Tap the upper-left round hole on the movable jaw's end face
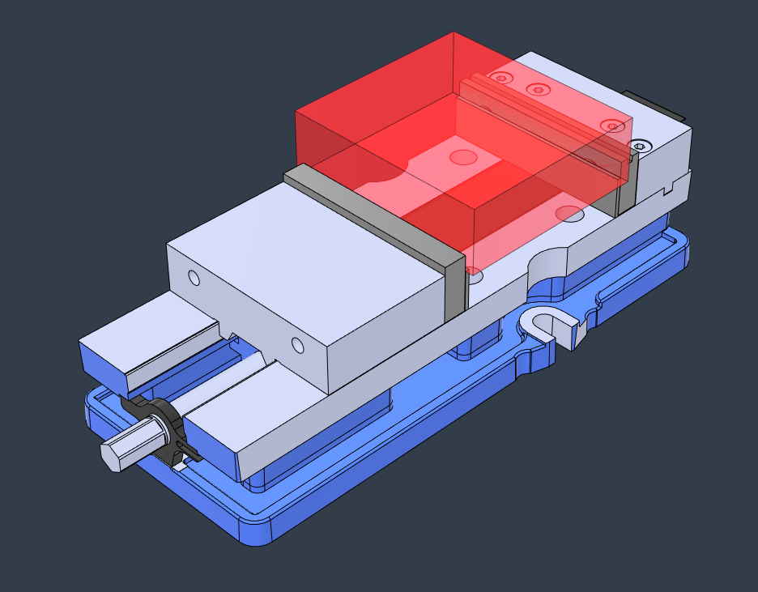click(194, 279)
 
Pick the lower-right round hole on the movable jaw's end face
click(297, 347)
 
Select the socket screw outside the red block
click(641, 146)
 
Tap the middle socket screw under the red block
click(539, 88)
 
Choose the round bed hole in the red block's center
click(462, 155)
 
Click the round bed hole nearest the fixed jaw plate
click(570, 214)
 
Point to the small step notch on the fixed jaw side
click(669, 191)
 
